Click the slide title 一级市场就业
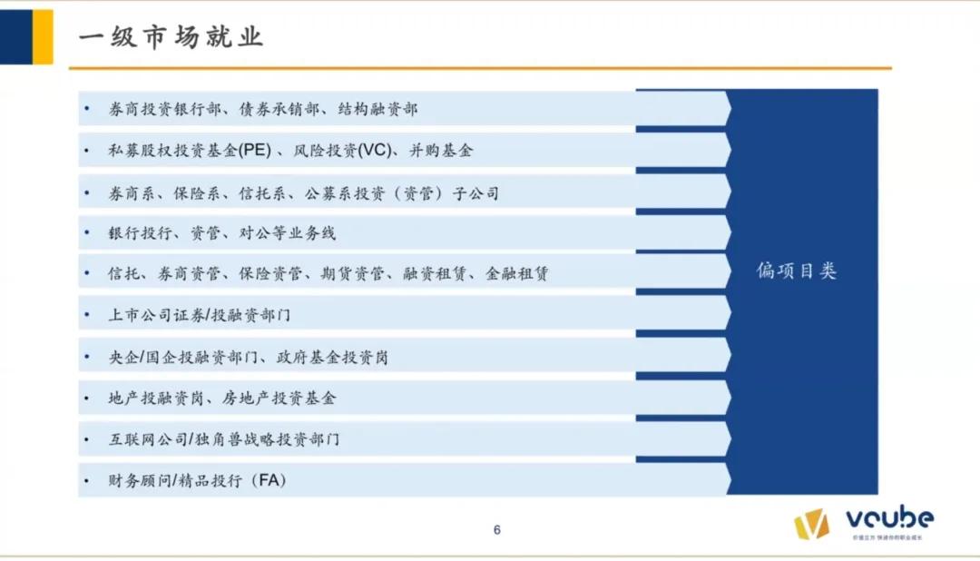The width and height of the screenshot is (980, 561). pos(171,37)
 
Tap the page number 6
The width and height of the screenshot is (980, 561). pos(496,530)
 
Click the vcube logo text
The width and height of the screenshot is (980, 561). pos(889,519)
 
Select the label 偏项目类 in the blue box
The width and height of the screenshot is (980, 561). pos(797,271)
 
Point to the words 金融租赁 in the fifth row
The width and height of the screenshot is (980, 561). pos(517,273)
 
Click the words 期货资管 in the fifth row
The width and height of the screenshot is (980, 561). pos(353,273)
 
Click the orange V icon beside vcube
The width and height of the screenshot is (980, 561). pos(811,524)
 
